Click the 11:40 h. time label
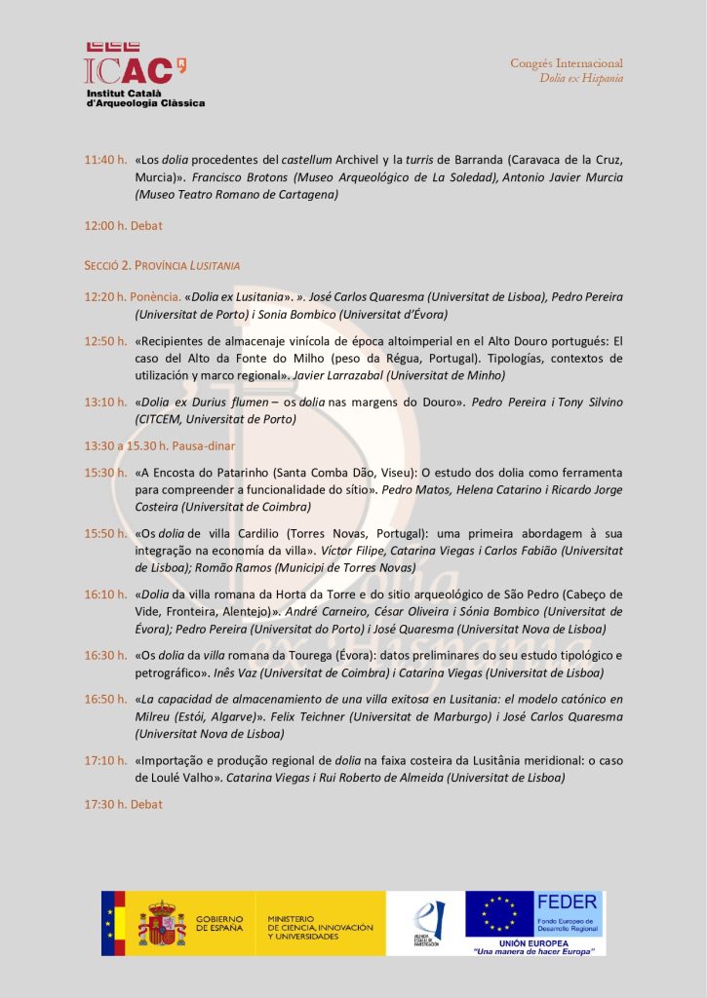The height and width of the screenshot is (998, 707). pyautogui.click(x=105, y=160)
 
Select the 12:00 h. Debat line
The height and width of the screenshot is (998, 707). pyautogui.click(x=123, y=225)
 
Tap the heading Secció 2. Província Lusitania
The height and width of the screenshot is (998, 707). pyautogui.click(x=162, y=265)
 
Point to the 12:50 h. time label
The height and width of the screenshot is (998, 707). pyautogui.click(x=105, y=341)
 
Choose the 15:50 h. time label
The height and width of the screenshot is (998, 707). pyautogui.click(x=105, y=533)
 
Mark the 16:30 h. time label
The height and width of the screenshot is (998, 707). pyautogui.click(x=105, y=655)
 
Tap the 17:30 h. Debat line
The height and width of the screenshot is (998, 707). pyautogui.click(x=123, y=804)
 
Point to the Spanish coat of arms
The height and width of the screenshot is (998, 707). pyautogui.click(x=162, y=922)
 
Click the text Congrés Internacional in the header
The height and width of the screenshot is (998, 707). pyautogui.click(x=567, y=63)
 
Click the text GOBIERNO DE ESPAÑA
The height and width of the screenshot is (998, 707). pyautogui.click(x=219, y=922)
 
